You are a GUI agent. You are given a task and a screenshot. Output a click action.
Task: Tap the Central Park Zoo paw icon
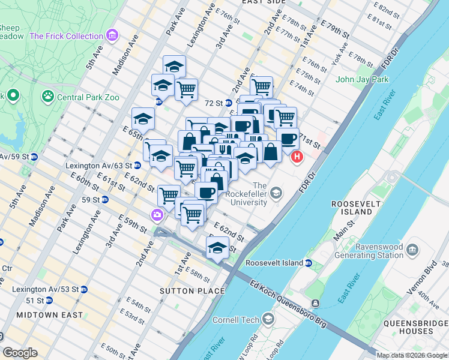pyautogui.click(x=47, y=96)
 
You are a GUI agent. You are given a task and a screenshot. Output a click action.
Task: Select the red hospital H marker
pyautogui.click(x=297, y=158)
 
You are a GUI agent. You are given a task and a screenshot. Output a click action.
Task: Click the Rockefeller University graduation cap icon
pyautogui.click(x=276, y=193)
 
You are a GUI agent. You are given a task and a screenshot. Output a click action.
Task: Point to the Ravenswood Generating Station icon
pyautogui.click(x=412, y=249)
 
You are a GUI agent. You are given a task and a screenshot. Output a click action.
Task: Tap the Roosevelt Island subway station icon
pyautogui.click(x=309, y=263)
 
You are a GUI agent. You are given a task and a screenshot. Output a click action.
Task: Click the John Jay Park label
pyautogui.click(x=362, y=79)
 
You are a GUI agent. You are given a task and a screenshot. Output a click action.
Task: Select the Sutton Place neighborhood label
pyautogui.click(x=185, y=291)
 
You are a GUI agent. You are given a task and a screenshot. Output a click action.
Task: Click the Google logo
pyautogui.click(x=20, y=353)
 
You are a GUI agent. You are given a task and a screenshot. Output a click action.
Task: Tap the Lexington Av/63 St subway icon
pyautogui.click(x=137, y=165)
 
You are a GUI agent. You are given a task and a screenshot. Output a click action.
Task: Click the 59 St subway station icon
pyautogui.click(x=106, y=199)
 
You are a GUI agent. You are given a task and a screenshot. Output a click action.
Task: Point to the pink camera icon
pyautogui.click(x=157, y=214)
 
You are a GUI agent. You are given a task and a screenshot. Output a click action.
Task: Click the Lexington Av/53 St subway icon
pyautogui.click(x=83, y=289)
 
